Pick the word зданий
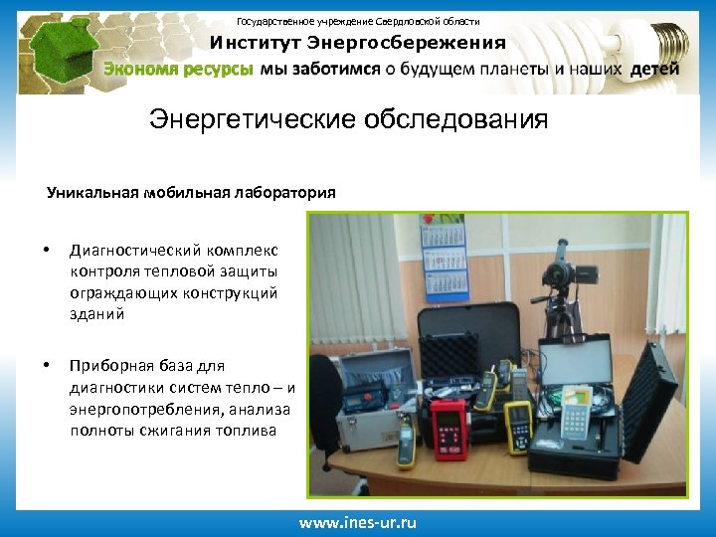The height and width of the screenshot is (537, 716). click(x=97, y=313)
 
